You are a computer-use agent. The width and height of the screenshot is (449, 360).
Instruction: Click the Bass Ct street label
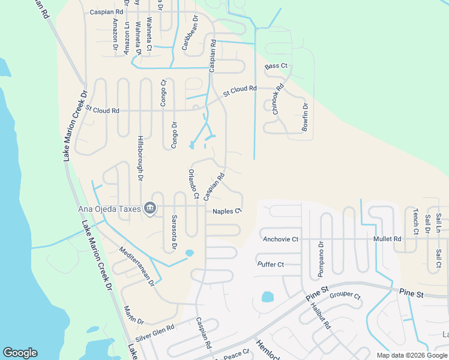tap(277, 65)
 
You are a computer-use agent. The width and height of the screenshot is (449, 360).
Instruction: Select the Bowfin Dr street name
tap(305, 118)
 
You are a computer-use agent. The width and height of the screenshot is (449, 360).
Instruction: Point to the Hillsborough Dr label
tap(140, 158)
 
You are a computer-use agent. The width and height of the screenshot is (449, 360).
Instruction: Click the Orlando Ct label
tap(193, 184)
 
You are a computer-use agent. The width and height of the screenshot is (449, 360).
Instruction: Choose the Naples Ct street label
tap(227, 211)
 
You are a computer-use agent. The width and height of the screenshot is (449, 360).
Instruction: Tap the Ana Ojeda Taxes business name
tap(109, 209)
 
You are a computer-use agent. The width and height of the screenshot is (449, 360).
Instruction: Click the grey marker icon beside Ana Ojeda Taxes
tap(150, 209)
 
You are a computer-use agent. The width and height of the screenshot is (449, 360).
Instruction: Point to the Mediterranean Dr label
tap(137, 266)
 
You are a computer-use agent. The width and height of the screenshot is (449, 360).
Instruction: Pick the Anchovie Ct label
tap(280, 239)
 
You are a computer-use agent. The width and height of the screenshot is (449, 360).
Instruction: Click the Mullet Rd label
tap(387, 239)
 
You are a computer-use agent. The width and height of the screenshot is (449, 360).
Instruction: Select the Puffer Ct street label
tap(270, 264)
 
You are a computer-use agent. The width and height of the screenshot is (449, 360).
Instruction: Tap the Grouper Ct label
tap(345, 296)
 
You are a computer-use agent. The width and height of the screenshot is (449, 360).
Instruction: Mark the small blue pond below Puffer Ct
tap(267, 296)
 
